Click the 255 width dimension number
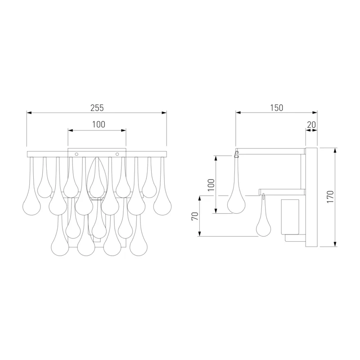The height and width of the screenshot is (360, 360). click(97, 108)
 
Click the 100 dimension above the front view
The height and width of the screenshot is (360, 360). click(99, 125)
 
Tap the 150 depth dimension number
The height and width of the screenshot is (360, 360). click(276, 108)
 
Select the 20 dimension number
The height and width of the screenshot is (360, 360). click(311, 125)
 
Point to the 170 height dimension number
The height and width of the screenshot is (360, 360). click(330, 197)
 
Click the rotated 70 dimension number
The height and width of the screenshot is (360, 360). click(195, 216)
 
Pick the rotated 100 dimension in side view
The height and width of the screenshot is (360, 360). click(211, 185)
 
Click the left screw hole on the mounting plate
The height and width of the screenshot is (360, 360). click(76, 154)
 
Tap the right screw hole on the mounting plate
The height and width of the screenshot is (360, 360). click(117, 154)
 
